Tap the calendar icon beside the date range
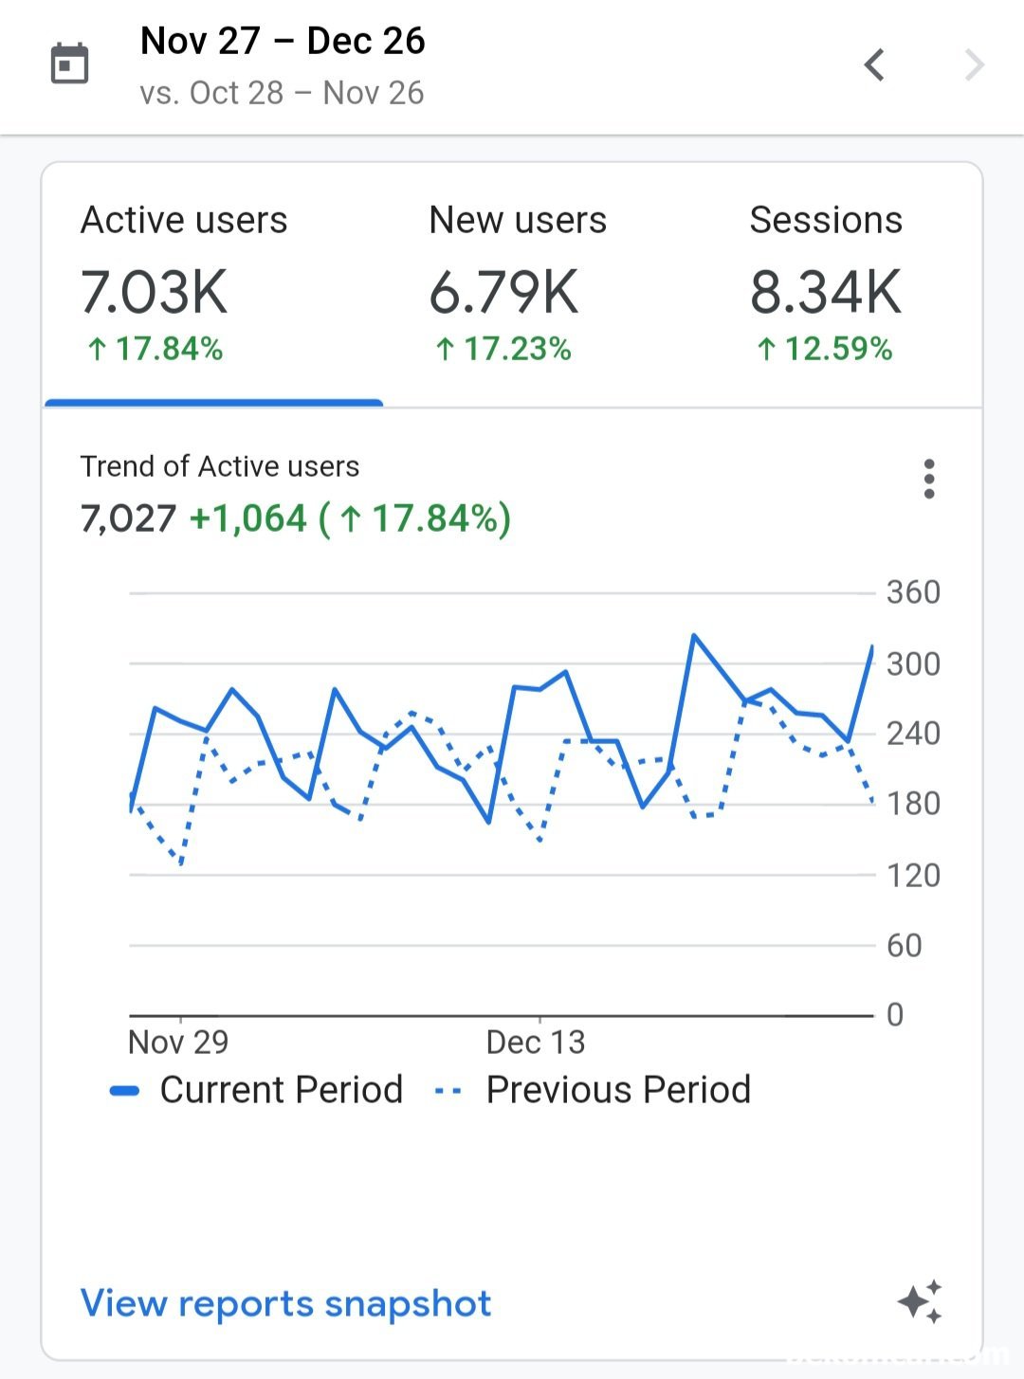pos(69,64)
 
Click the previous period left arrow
pos(874,65)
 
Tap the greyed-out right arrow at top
pos(974,65)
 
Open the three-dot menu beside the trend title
pos(929,479)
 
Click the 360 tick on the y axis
pos(913,592)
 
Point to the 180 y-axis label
pos(913,804)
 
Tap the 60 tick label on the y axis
pos(904,945)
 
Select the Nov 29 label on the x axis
pos(178,1042)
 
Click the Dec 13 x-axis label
pos(536,1042)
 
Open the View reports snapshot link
pos(285,1303)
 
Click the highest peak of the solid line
pos(694,636)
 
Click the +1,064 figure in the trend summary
pos(248,518)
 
